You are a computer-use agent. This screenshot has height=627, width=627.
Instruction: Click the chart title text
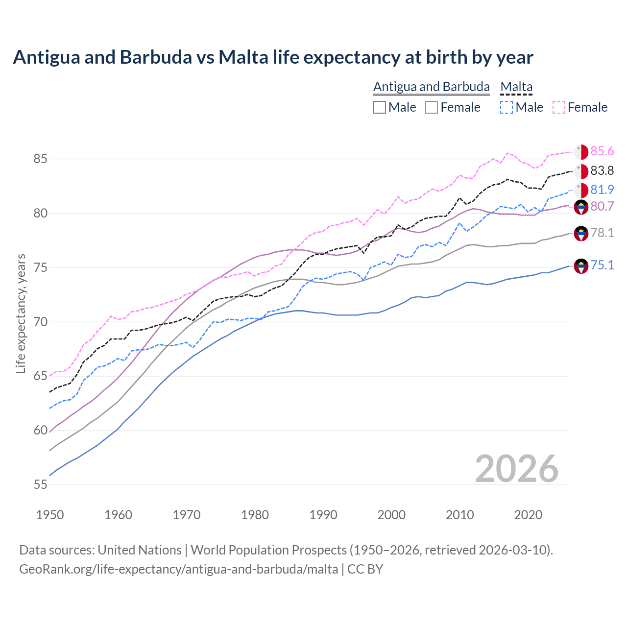coord(273,57)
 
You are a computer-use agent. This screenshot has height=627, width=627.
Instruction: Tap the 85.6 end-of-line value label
coord(602,151)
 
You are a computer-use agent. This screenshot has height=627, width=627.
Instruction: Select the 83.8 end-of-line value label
coord(602,170)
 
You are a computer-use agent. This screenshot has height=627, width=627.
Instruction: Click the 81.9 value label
coord(602,190)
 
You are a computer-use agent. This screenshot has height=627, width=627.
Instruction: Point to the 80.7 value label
coord(602,206)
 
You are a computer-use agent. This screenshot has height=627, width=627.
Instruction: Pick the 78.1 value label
coord(602,233)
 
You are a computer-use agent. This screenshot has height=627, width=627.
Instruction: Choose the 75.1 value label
coord(602,265)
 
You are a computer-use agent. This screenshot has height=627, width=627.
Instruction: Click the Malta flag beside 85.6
coord(581,152)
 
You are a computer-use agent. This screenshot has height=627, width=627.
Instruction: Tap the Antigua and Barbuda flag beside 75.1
coord(581,266)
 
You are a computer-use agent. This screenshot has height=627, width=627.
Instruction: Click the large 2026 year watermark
coord(517,469)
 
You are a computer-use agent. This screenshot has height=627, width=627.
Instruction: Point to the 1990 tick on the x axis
coord(323,515)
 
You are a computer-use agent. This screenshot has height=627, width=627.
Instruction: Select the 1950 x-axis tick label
coord(50,515)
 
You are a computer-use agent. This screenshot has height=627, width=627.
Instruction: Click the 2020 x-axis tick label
coord(528,515)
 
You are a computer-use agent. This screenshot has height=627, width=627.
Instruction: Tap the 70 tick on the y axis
coord(41,322)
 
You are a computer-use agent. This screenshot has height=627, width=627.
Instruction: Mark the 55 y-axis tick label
coord(41,484)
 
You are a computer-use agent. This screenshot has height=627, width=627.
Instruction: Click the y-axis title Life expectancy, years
coord(21,313)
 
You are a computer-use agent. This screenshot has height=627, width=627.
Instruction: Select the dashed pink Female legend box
coord(559,107)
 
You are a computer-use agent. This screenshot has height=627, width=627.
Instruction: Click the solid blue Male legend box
coord(380,107)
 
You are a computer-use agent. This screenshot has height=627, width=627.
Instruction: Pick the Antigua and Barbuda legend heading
coord(432,87)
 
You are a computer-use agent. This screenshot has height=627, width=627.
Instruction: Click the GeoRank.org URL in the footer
coord(179,569)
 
